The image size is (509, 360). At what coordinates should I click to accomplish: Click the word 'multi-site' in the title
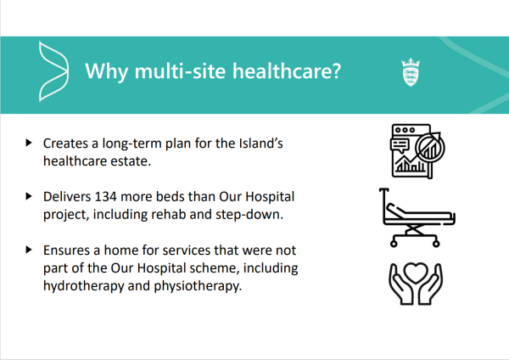180,70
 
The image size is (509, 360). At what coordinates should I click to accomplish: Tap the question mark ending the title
336,70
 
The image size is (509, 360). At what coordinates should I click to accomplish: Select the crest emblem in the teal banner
411,72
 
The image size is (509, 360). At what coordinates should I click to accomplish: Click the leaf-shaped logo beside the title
53,71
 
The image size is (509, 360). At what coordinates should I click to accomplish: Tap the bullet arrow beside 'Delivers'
29,196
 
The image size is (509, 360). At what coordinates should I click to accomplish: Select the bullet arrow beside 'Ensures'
29,250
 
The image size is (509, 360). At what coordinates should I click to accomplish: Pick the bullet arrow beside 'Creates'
29,143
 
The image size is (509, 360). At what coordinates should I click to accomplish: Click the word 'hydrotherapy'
83,286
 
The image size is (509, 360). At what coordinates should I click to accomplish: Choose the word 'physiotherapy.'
198,286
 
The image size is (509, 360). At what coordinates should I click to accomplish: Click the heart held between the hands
417,272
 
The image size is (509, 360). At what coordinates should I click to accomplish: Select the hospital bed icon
417,217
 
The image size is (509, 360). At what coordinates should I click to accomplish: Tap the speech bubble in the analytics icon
400,145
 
